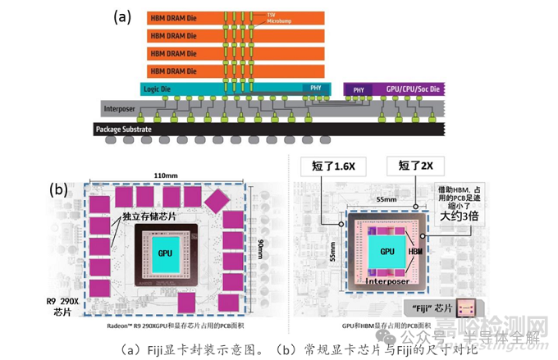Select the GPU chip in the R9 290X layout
164,255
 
